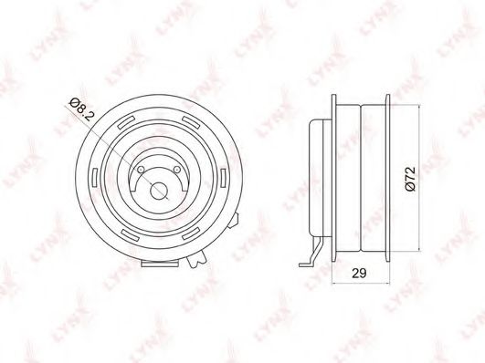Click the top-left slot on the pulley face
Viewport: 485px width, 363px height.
pyautogui.click(x=134, y=121)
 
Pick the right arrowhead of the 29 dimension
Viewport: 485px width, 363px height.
pyautogui.click(x=393, y=283)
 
